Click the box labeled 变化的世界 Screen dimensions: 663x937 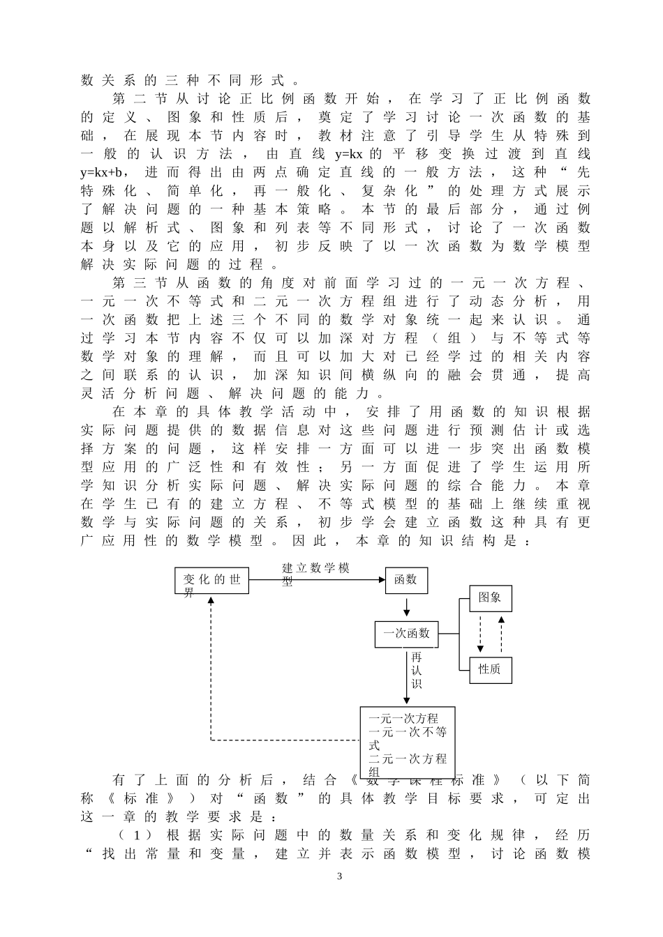(x=211, y=580)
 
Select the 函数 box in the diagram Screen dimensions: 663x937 (x=406, y=580)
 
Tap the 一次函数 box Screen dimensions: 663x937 (x=406, y=634)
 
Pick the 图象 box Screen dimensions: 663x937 (x=491, y=598)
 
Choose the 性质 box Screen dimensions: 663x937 (x=491, y=670)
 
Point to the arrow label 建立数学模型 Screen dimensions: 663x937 (x=315, y=574)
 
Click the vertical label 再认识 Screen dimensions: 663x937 (x=417, y=671)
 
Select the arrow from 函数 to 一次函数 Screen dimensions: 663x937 (x=406, y=607)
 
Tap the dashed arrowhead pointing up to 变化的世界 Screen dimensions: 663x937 (x=211, y=600)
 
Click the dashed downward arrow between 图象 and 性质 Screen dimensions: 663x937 (x=480, y=634)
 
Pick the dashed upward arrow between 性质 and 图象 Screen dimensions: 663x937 (x=501, y=634)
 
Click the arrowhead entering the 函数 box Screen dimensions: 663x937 (x=382, y=580)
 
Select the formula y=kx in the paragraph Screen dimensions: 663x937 (x=348, y=154)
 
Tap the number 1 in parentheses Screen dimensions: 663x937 (x=136, y=835)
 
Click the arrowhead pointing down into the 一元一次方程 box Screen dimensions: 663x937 (x=406, y=701)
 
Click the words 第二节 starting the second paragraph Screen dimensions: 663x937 (x=140, y=99)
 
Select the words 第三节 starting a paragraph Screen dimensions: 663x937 (x=140, y=283)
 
